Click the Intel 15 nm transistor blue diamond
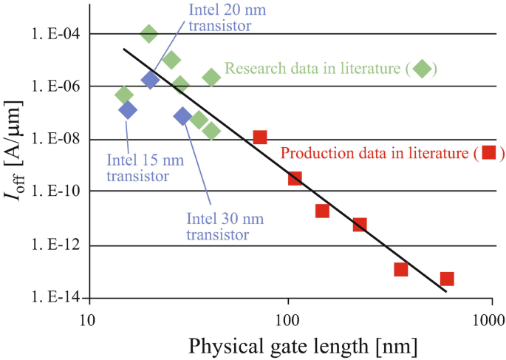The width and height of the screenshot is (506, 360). tap(127, 110)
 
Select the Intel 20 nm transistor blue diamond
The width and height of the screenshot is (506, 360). tap(150, 80)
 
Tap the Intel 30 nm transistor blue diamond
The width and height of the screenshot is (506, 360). tap(182, 115)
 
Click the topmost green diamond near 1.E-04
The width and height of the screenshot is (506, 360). tap(148, 33)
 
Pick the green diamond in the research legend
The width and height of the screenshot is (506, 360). tap(422, 69)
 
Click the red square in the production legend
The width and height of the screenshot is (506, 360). tap(488, 153)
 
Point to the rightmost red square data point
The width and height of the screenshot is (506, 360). tap(447, 279)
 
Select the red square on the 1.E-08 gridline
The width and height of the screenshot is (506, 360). tap(259, 137)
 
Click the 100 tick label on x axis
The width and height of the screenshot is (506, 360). tap(287, 319)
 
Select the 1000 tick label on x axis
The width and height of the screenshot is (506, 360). tap(490, 319)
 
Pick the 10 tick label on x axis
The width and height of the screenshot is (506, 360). tap(88, 319)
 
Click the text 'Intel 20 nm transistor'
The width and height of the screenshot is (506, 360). tap(220, 18)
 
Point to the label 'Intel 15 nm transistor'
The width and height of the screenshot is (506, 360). tap(137, 167)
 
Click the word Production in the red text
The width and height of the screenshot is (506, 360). tap(313, 154)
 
